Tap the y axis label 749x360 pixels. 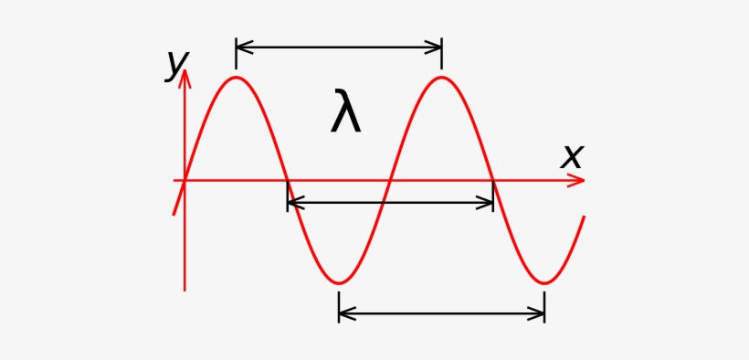click(176, 64)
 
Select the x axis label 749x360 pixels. click(571, 156)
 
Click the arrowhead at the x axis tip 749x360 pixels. click(578, 180)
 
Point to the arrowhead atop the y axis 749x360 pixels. click(185, 76)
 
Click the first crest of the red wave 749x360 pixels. click(237, 77)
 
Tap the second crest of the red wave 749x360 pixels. click(442, 77)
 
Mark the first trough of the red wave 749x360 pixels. click(339, 282)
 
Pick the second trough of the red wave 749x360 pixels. click(544, 282)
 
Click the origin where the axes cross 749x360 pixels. click(185, 180)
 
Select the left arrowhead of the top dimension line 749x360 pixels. click(241, 47)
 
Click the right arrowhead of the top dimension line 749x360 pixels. click(437, 47)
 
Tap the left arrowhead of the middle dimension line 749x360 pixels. click(292, 203)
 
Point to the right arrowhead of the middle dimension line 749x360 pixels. click(488, 203)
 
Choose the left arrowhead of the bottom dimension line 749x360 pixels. click(344, 313)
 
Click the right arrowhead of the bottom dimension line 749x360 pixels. click(539, 313)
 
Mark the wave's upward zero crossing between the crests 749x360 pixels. click(390, 180)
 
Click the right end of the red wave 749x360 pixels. click(583, 217)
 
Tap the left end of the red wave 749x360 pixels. click(174, 214)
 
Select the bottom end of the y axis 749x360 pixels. click(185, 290)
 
